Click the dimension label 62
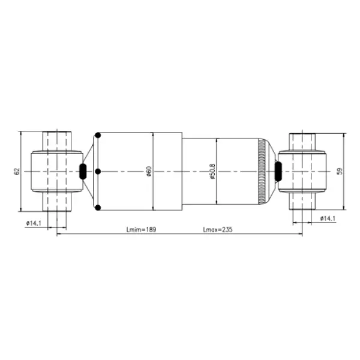pyautogui.click(x=17, y=172)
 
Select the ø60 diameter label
pyautogui.click(x=148, y=172)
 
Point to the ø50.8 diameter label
pyautogui.click(x=212, y=172)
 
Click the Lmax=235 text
pyautogui.click(x=217, y=229)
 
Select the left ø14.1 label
pyautogui.click(x=34, y=223)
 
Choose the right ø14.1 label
pyautogui.click(x=327, y=218)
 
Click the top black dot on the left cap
pyautogui.click(x=98, y=136)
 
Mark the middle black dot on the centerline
pyautogui.click(x=98, y=172)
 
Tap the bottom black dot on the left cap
pyautogui.click(x=98, y=208)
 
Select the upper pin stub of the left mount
pyautogui.click(x=57, y=140)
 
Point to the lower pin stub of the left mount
pyautogui.click(x=57, y=202)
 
